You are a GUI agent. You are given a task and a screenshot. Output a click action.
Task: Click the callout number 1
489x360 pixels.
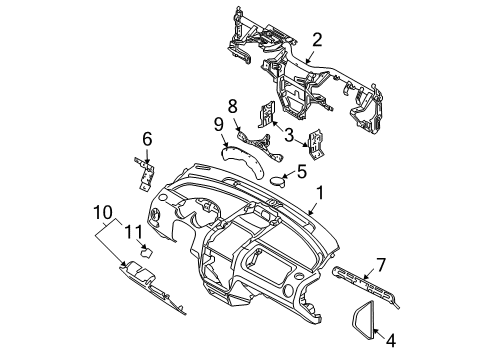pyautogui.click(x=319, y=193)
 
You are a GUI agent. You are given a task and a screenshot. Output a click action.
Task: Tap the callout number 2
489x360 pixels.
pyautogui.click(x=317, y=40)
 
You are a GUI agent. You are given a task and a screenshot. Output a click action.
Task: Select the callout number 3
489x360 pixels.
pyautogui.click(x=289, y=135)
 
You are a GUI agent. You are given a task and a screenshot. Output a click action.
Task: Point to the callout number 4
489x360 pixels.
pyautogui.click(x=391, y=341)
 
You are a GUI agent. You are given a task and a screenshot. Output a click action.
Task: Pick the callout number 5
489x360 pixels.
pyautogui.click(x=301, y=171)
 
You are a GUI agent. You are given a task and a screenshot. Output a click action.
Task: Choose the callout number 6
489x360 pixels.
pyautogui.click(x=147, y=139)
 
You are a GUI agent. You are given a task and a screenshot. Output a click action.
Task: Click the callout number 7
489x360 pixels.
pyautogui.click(x=381, y=265)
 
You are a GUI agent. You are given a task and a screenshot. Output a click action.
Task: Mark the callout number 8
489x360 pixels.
pyautogui.click(x=232, y=106)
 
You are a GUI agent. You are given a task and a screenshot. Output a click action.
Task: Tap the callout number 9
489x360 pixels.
pyautogui.click(x=218, y=125)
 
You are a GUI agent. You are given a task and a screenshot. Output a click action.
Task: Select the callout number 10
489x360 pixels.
pyautogui.click(x=103, y=212)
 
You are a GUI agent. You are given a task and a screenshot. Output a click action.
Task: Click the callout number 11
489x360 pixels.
pyautogui.click(x=133, y=232)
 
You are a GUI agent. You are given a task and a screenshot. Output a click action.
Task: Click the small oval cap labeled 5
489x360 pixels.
pyautogui.click(x=278, y=181)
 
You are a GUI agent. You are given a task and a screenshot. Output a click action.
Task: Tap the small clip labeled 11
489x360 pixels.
pyautogui.click(x=147, y=252)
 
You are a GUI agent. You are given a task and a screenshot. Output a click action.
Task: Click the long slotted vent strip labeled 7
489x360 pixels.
pyautogui.click(x=365, y=282)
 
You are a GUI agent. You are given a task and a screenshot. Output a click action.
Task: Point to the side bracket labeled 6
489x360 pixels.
pyautogui.click(x=145, y=174)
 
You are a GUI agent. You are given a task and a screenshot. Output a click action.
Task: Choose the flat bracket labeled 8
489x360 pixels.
pyautogui.click(x=262, y=145)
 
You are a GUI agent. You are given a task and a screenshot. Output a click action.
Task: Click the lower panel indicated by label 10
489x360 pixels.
pyautogui.click(x=152, y=287)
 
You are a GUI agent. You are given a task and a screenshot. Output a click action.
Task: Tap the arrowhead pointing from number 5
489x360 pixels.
pyautogui.click(x=284, y=176)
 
